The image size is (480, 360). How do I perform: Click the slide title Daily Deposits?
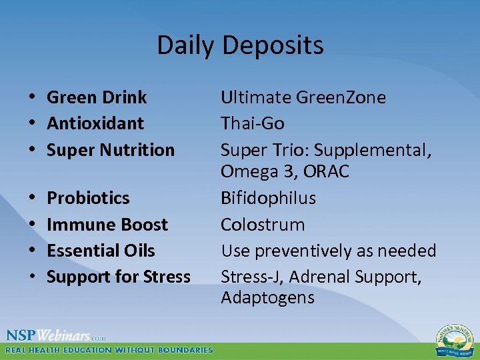click(240, 45)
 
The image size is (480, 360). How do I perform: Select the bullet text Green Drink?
click(97, 97)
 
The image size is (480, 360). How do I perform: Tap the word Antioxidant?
click(95, 123)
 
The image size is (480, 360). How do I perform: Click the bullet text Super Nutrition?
click(111, 150)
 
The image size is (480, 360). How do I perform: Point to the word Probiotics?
click(88, 198)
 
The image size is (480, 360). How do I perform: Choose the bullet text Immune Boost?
click(107, 225)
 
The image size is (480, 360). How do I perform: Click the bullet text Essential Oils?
click(101, 251)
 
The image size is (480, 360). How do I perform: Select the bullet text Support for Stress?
click(119, 277)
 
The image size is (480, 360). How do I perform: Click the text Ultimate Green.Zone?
click(303, 97)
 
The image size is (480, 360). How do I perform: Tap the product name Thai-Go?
click(253, 123)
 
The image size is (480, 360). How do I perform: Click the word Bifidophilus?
click(269, 198)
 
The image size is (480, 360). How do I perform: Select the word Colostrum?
click(263, 225)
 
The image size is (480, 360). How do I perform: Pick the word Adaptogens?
click(267, 297)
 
